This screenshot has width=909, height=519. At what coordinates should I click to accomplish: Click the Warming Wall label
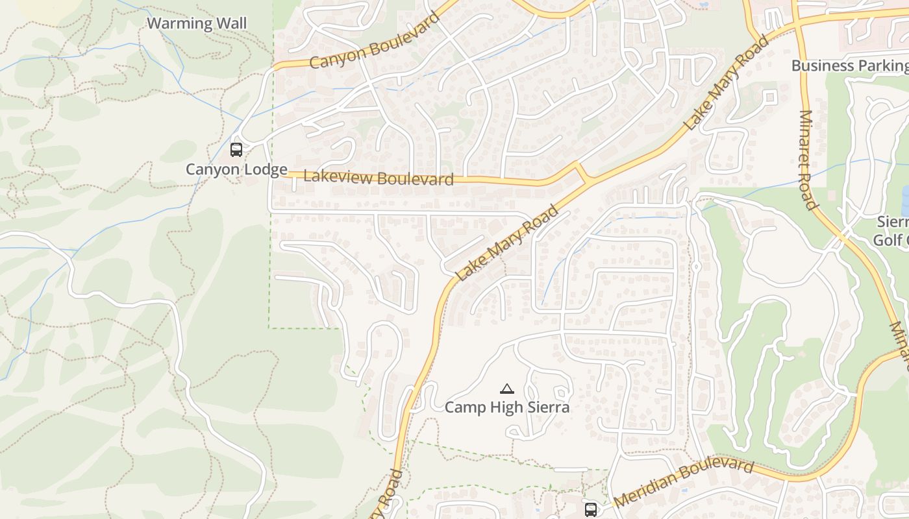[197, 24]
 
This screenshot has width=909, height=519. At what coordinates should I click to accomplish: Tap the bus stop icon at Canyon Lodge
[236, 150]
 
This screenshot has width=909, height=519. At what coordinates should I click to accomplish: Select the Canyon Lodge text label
[236, 170]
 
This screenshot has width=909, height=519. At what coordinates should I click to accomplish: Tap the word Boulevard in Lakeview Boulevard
[416, 179]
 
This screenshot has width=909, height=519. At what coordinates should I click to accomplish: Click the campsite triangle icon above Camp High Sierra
[507, 389]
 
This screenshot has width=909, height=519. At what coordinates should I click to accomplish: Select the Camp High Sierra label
[507, 407]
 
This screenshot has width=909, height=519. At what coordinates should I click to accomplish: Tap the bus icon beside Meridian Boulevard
[591, 509]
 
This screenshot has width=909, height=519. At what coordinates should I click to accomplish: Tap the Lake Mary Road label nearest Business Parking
[726, 82]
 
